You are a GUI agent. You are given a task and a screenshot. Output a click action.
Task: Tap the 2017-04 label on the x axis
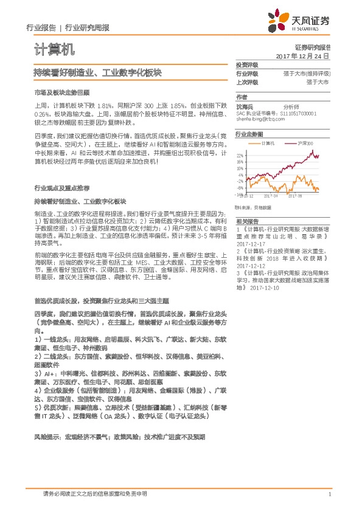[271, 196]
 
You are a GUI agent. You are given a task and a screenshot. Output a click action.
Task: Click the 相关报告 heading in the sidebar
[247, 222]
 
